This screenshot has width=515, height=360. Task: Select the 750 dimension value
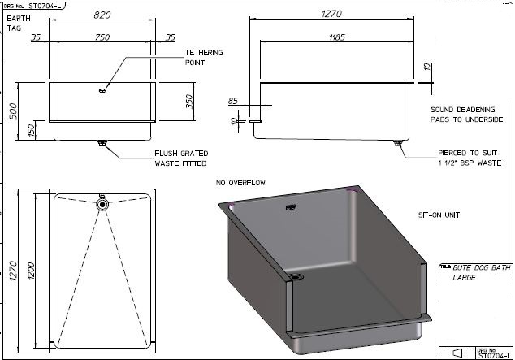click(x=102, y=37)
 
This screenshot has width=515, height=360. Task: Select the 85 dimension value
click(x=234, y=102)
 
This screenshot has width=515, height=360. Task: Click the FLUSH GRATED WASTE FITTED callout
click(x=182, y=158)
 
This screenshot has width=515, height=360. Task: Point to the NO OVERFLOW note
click(x=240, y=183)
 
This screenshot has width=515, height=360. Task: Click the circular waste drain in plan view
click(x=102, y=206)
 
